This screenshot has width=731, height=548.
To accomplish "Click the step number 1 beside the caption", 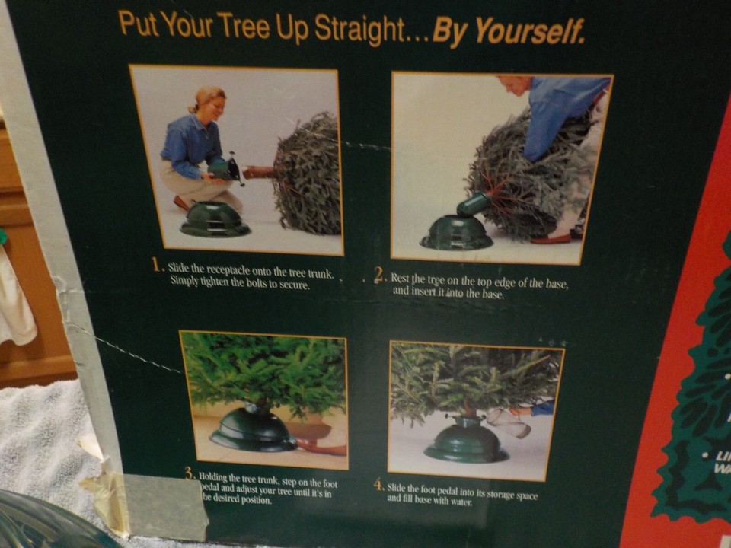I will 158,265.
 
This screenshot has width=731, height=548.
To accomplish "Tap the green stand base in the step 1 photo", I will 215,219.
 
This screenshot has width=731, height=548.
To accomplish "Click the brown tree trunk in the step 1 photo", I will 259,172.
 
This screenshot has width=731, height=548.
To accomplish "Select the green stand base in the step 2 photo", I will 457,232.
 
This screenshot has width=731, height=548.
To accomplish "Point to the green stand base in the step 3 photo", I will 253,431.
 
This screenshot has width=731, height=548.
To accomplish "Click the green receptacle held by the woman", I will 222,168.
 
